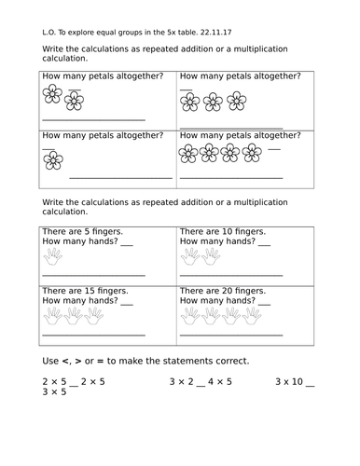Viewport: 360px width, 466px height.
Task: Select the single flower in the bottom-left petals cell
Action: coord(53,160)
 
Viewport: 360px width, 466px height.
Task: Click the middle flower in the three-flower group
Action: coord(214,101)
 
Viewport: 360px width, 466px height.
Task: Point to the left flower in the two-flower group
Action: coord(52,94)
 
